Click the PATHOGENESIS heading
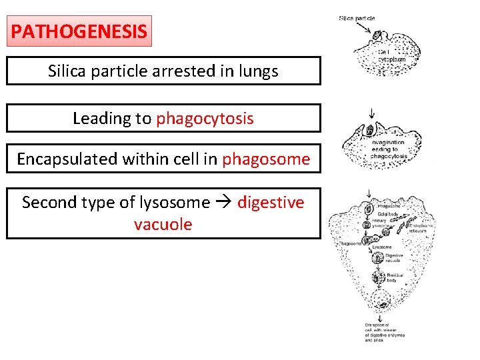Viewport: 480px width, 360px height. (79, 31)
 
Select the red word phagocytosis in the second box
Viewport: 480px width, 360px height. (205, 119)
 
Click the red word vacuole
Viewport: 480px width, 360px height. (163, 224)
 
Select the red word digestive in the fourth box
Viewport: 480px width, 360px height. (271, 202)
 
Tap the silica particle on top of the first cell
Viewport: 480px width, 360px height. (377, 35)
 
